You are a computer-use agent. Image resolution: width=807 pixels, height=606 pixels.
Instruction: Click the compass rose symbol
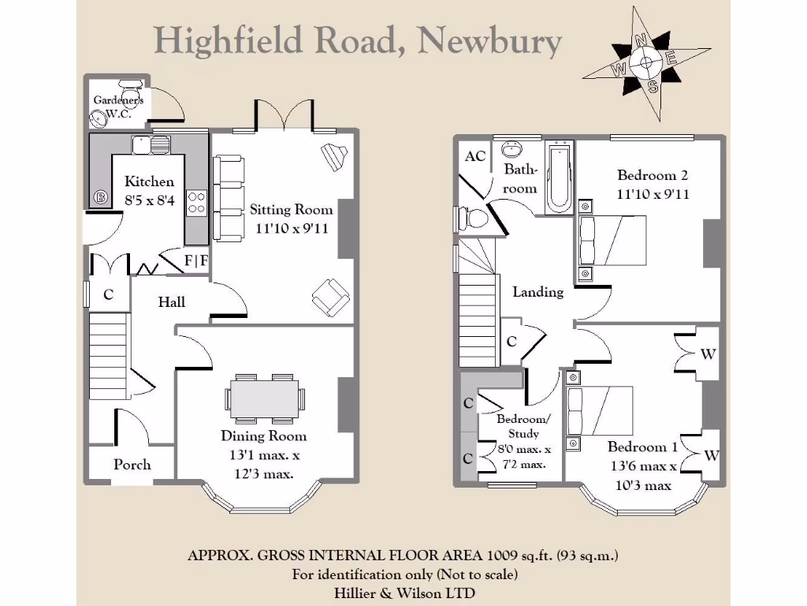[x=645, y=63]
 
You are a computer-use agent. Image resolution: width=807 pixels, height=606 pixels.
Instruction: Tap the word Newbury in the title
[x=489, y=40]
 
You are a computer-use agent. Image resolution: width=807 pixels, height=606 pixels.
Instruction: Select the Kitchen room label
[x=149, y=181]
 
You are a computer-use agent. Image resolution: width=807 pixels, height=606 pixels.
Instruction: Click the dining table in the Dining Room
[x=265, y=398]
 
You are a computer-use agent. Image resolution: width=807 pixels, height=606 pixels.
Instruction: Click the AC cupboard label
[x=474, y=156]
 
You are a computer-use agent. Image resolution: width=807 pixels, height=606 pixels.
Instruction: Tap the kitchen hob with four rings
[x=195, y=203]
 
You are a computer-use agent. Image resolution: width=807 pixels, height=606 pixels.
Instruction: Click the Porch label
[x=132, y=464]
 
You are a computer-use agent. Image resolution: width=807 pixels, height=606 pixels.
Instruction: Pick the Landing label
[x=537, y=292]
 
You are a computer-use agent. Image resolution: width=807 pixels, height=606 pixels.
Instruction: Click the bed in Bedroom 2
[x=613, y=241]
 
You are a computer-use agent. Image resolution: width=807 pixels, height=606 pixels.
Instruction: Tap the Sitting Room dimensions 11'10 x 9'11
[x=291, y=228]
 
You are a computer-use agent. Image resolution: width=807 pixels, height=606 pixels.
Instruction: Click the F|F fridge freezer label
[x=196, y=260]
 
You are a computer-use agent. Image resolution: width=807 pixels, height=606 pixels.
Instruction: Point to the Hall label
[x=171, y=301]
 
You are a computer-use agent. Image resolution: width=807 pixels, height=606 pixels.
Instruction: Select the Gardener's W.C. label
[x=118, y=106]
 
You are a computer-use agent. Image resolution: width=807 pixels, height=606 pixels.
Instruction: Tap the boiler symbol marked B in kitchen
[x=101, y=197]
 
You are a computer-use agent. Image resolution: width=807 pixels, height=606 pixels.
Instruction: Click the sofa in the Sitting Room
[x=229, y=197]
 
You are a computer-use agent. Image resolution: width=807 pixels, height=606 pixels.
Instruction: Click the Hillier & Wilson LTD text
[x=403, y=592]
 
